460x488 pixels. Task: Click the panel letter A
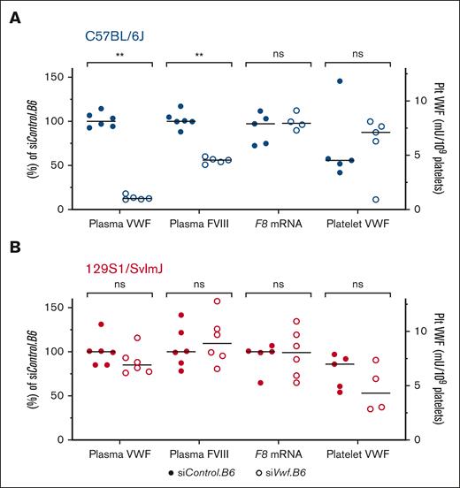point(15,17)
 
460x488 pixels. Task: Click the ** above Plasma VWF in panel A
point(119,55)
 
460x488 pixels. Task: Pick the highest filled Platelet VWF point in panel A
point(339,81)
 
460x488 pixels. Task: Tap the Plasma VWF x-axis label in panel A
point(119,225)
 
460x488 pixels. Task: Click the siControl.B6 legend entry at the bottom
point(216,475)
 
